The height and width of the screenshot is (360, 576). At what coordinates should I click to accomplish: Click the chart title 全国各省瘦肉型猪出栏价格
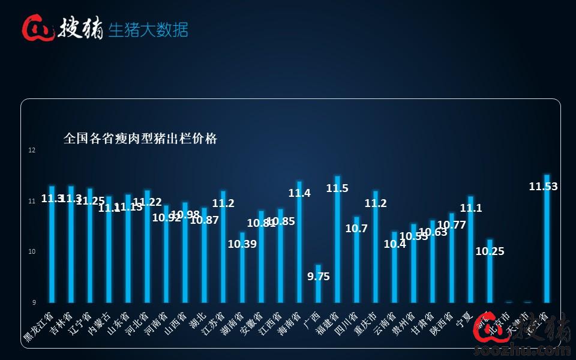[x=140, y=139]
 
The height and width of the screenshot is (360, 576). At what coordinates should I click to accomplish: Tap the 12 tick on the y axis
[x=32, y=151]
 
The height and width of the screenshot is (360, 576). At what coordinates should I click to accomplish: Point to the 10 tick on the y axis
[x=32, y=251]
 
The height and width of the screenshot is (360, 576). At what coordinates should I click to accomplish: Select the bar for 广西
[x=318, y=283]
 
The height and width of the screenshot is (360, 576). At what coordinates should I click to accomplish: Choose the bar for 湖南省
[x=242, y=267]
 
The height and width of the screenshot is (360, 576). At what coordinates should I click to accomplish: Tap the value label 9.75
[x=319, y=277]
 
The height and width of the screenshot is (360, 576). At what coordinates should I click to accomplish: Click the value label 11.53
[x=543, y=187]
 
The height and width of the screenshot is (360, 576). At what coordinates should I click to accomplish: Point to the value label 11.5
[x=337, y=188]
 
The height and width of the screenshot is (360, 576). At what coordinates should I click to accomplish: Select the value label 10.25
[x=490, y=251]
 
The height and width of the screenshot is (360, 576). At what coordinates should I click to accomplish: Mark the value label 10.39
[x=242, y=244]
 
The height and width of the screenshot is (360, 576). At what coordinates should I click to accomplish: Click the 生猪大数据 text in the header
[x=148, y=29]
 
